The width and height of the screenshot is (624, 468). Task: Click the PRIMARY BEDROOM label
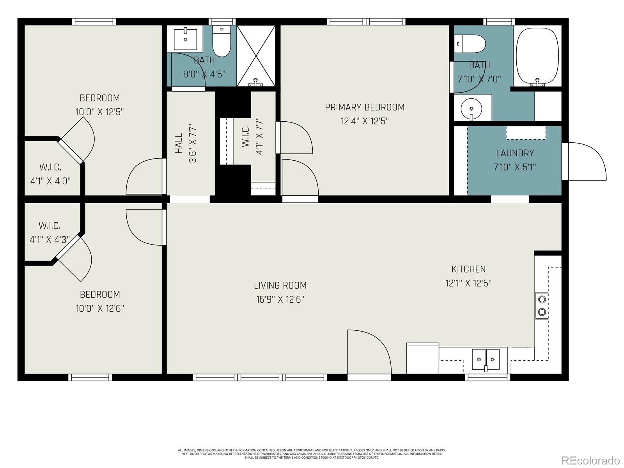tap(365, 107)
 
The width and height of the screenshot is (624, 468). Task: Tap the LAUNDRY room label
tap(515, 153)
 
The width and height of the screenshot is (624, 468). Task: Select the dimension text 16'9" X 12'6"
tap(280, 300)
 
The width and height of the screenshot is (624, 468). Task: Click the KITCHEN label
tap(468, 269)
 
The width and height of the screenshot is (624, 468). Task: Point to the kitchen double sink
tap(486, 359)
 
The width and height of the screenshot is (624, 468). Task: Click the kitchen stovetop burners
tap(542, 305)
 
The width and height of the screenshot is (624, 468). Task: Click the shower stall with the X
tap(256, 56)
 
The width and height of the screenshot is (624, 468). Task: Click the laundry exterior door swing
tap(585, 161)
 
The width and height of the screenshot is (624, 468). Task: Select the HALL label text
tap(179, 143)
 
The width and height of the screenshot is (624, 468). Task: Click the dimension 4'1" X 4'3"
tap(50, 239)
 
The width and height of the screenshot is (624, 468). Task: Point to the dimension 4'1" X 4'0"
tap(50, 181)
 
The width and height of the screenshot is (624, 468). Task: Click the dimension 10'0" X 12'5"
tap(99, 112)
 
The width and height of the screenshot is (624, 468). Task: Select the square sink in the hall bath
tap(185, 38)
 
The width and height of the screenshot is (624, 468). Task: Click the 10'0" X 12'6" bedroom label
tap(100, 294)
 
